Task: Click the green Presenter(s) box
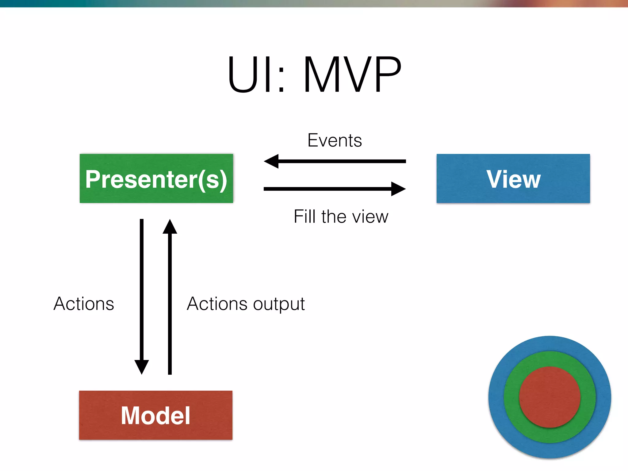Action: coord(156,178)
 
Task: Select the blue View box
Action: coord(513,178)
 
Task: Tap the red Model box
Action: coord(156,415)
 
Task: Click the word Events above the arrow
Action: coord(335,140)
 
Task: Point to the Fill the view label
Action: coord(341,216)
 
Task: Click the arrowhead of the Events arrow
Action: coord(271,161)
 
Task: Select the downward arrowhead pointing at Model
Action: coord(142,366)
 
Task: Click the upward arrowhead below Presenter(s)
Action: coord(170,227)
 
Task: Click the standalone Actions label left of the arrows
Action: coord(84,304)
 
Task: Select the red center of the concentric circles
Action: coord(550,397)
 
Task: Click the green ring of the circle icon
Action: coord(550,359)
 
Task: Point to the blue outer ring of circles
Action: coord(550,343)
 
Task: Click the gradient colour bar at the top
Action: coord(314,3)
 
